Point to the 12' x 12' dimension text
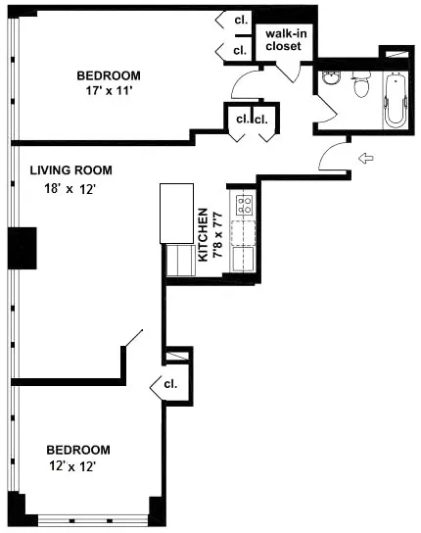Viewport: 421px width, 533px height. pyautogui.click(x=72, y=467)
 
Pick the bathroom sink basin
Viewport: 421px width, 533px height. pyautogui.click(x=330, y=84)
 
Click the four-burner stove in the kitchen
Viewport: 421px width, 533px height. pyautogui.click(x=243, y=205)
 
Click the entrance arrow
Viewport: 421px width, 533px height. pyautogui.click(x=365, y=158)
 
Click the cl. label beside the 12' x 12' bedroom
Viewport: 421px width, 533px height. pyautogui.click(x=170, y=385)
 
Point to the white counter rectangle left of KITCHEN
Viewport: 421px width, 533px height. pyautogui.click(x=178, y=214)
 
